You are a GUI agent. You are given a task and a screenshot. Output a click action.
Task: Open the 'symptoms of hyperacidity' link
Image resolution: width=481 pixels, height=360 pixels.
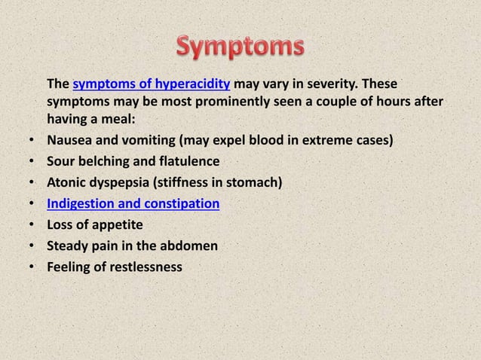pos(152,82)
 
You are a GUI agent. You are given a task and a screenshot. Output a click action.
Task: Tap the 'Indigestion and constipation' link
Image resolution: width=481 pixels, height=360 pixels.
pos(133,203)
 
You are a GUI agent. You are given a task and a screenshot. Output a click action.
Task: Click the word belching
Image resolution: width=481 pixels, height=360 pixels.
pos(103,161)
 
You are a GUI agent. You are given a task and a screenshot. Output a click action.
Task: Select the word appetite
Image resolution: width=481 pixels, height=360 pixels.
pos(115,224)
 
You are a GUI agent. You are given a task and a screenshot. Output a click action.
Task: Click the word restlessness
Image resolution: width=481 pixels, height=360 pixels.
pos(144,267)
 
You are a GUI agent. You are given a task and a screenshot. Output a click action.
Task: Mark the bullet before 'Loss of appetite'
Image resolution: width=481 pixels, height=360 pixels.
pos(31,225)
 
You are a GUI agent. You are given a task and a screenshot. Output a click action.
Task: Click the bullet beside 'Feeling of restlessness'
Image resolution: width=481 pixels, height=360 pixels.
pos(31,267)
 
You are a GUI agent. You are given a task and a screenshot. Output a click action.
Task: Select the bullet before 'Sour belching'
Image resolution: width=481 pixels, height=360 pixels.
pos(31,162)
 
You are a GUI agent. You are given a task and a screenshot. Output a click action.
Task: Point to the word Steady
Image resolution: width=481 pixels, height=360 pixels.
pos(69,246)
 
